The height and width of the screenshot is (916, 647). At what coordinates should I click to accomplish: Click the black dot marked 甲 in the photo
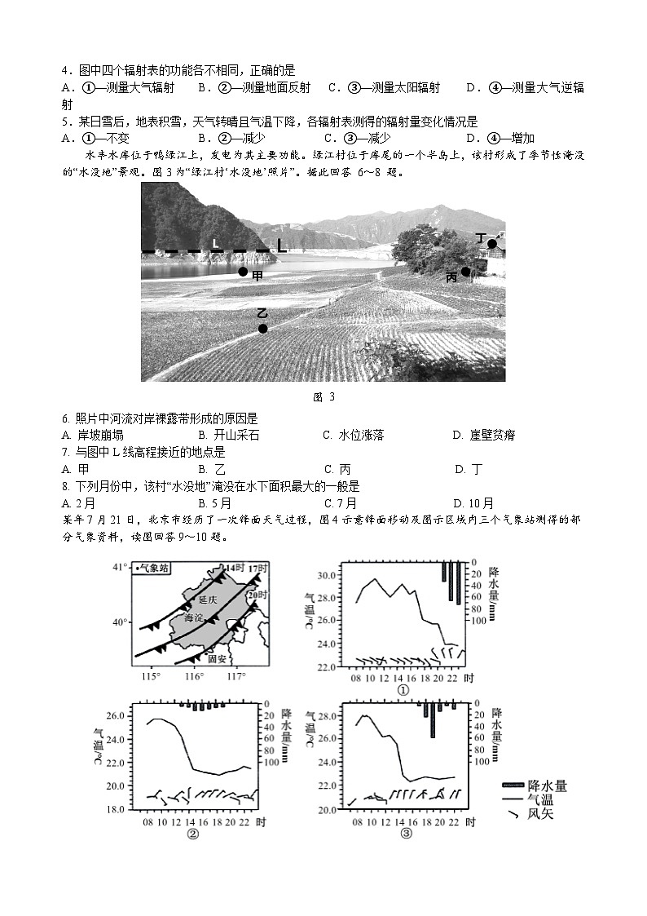[243, 272]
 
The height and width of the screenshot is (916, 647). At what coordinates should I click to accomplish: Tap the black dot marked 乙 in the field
[262, 329]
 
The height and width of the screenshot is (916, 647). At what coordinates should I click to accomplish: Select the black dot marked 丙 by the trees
[465, 272]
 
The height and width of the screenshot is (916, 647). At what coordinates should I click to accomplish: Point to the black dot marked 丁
[491, 243]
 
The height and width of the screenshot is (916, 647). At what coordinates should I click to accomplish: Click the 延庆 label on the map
[208, 599]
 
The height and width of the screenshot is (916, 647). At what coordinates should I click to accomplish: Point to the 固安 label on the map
[217, 658]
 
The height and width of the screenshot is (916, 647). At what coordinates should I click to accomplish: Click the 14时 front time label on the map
[235, 567]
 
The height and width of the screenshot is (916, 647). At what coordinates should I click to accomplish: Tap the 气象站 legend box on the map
[152, 569]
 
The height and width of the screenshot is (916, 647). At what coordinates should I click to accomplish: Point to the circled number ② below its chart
[193, 833]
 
